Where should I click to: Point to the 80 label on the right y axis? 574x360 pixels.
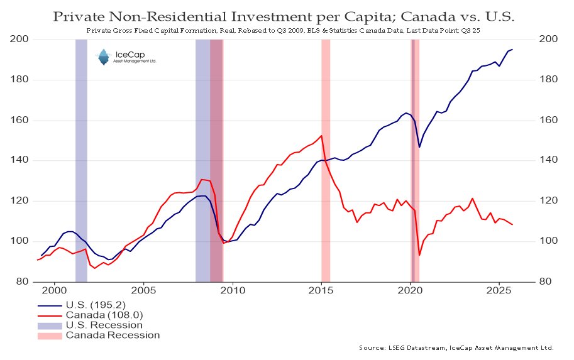click(546, 282)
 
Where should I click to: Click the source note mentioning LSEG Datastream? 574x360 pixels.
click(456, 347)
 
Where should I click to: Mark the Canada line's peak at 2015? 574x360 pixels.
click(322, 136)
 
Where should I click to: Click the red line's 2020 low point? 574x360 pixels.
click(419, 255)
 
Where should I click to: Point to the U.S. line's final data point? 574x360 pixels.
click(512, 50)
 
